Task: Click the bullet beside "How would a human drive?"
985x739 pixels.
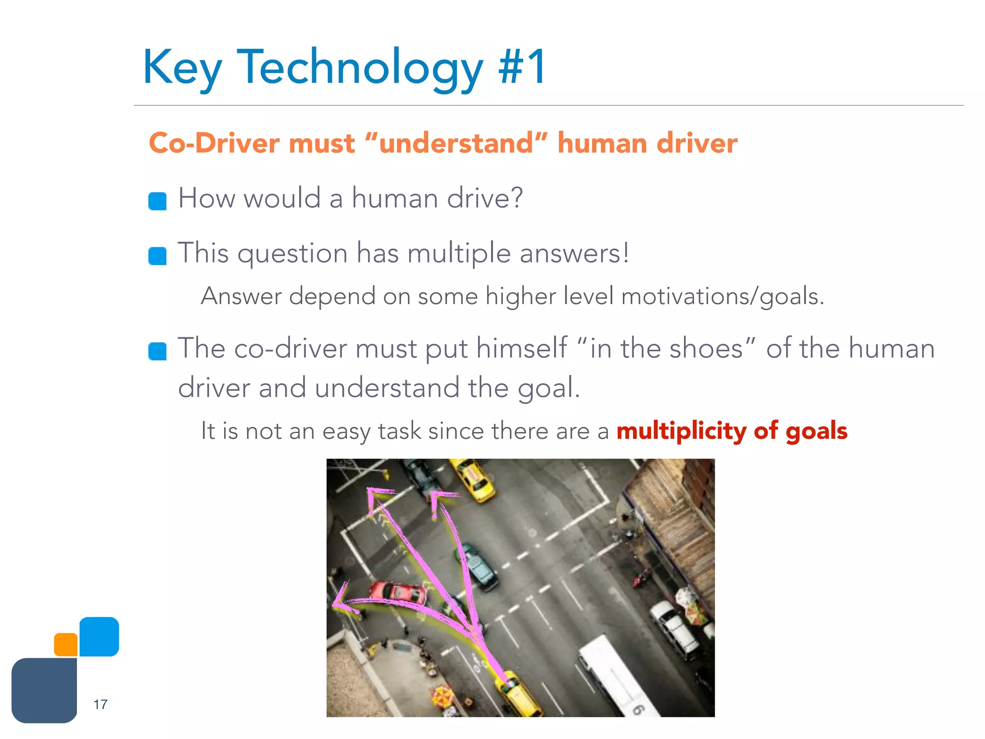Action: (157, 201)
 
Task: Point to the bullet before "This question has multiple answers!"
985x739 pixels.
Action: (157, 256)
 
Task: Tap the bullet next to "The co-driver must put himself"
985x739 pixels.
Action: (157, 351)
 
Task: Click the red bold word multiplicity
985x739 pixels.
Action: (681, 431)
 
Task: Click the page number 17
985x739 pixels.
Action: (100, 704)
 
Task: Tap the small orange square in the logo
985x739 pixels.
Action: (66, 645)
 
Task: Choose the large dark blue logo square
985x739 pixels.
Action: (44, 690)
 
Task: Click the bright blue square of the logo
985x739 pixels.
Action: (99, 637)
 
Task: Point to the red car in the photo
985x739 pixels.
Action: (399, 594)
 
